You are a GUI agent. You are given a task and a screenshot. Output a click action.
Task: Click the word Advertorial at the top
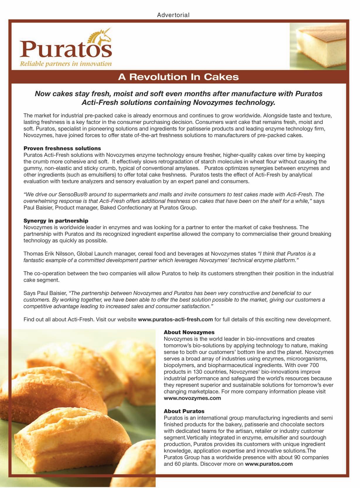[x=173, y=15]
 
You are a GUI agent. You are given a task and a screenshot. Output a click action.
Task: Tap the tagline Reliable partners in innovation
[x=66, y=64]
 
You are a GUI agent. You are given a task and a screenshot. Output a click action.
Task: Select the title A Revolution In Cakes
[x=178, y=77]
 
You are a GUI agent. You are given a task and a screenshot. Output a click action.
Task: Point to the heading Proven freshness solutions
[x=62, y=148]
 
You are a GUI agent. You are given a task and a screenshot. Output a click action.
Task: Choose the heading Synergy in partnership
[x=56, y=220]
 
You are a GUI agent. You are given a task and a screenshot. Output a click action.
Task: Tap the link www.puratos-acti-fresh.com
[x=175, y=319]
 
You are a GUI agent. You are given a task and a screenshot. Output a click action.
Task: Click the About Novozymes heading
[x=189, y=332]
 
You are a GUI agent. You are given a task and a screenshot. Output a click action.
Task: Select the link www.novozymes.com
[x=192, y=398]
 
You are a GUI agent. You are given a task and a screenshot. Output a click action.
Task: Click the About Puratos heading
[x=184, y=411]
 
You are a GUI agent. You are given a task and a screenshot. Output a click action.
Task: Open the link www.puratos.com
[x=269, y=464]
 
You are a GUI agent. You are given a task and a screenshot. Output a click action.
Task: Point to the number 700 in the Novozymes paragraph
[x=314, y=365]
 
